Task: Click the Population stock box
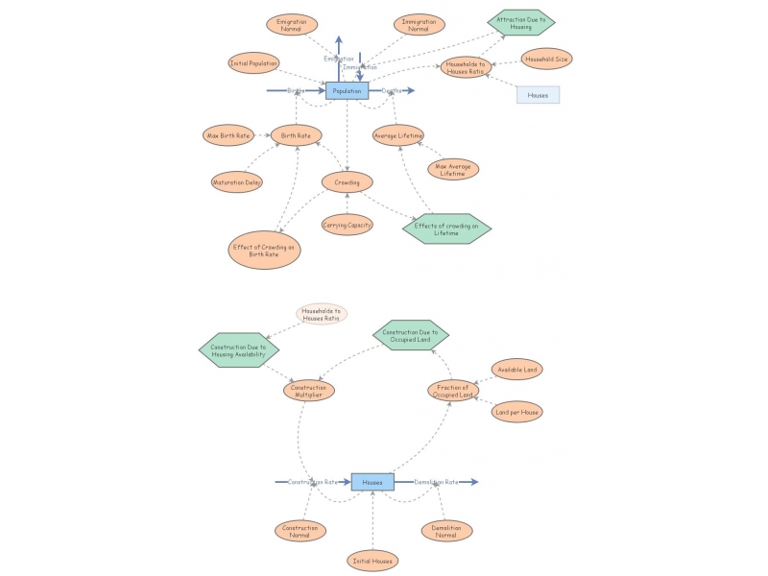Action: [x=347, y=91]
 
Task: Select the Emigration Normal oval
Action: [x=290, y=25]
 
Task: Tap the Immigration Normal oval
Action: [x=419, y=25]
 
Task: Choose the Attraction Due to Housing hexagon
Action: [x=521, y=22]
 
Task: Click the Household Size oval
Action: [x=547, y=60]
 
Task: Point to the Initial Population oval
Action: [x=253, y=63]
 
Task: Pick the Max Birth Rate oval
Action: [x=228, y=135]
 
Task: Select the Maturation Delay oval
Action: [x=236, y=181]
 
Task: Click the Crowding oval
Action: [x=347, y=181]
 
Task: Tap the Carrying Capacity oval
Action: [x=347, y=225]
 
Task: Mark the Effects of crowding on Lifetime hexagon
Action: [x=446, y=228]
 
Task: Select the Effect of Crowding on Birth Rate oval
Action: [x=264, y=252]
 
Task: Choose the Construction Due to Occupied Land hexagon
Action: [x=411, y=336]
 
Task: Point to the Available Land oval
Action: [x=516, y=369]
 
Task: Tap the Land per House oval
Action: [x=516, y=412]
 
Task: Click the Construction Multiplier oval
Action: [x=308, y=390]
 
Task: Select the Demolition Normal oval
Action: [x=445, y=531]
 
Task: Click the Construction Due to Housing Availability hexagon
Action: [x=238, y=351]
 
